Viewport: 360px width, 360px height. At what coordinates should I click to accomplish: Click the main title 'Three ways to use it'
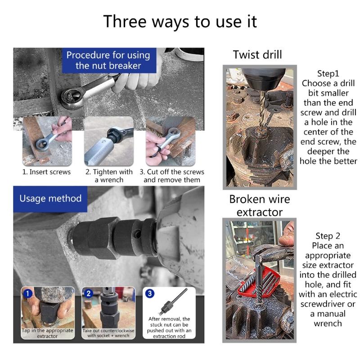click(180, 21)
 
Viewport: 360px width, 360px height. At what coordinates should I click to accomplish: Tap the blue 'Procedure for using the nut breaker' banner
click(108, 60)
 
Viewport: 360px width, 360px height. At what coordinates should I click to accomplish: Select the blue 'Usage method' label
click(50, 198)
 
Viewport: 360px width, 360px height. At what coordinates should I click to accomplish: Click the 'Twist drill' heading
click(257, 55)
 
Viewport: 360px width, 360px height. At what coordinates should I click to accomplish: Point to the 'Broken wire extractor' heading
click(259, 205)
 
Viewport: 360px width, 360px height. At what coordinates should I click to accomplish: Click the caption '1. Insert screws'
click(47, 172)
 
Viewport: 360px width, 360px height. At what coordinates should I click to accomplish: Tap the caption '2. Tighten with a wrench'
click(109, 176)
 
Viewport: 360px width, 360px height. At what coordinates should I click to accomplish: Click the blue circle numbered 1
click(28, 294)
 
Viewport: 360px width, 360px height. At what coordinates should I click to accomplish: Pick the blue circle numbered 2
click(89, 294)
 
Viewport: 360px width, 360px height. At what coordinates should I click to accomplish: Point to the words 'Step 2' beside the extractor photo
click(328, 236)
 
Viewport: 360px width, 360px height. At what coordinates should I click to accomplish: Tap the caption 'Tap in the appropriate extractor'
click(48, 333)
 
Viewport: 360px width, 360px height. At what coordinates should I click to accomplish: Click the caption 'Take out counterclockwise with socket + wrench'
click(108, 333)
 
